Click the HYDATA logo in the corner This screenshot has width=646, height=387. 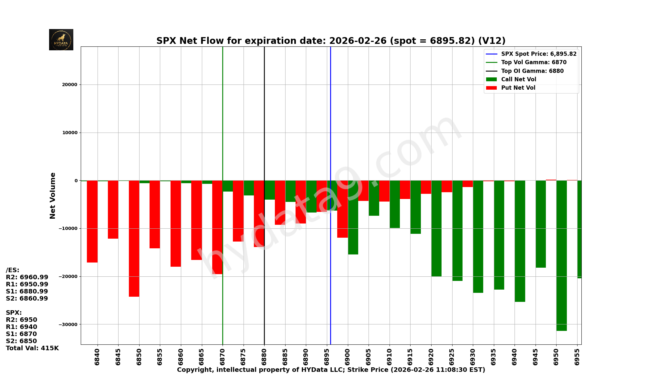tap(61, 40)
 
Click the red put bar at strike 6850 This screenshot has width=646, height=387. tap(134, 239)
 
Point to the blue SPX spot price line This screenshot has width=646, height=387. tap(330, 129)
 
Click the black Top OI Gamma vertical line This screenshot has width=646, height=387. tap(264, 129)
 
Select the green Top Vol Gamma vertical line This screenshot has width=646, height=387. tap(223, 129)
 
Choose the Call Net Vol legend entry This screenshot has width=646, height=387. tap(518, 79)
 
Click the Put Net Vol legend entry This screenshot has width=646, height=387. tap(518, 88)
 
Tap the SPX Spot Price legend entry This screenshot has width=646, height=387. tap(538, 54)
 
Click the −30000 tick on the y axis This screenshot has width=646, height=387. tap(68, 324)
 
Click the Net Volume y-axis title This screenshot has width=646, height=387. tap(53, 195)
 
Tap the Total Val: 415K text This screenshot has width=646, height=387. tap(32, 348)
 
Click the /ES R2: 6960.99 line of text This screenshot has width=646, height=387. tap(27, 277)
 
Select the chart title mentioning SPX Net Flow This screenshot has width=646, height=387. tap(331, 41)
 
